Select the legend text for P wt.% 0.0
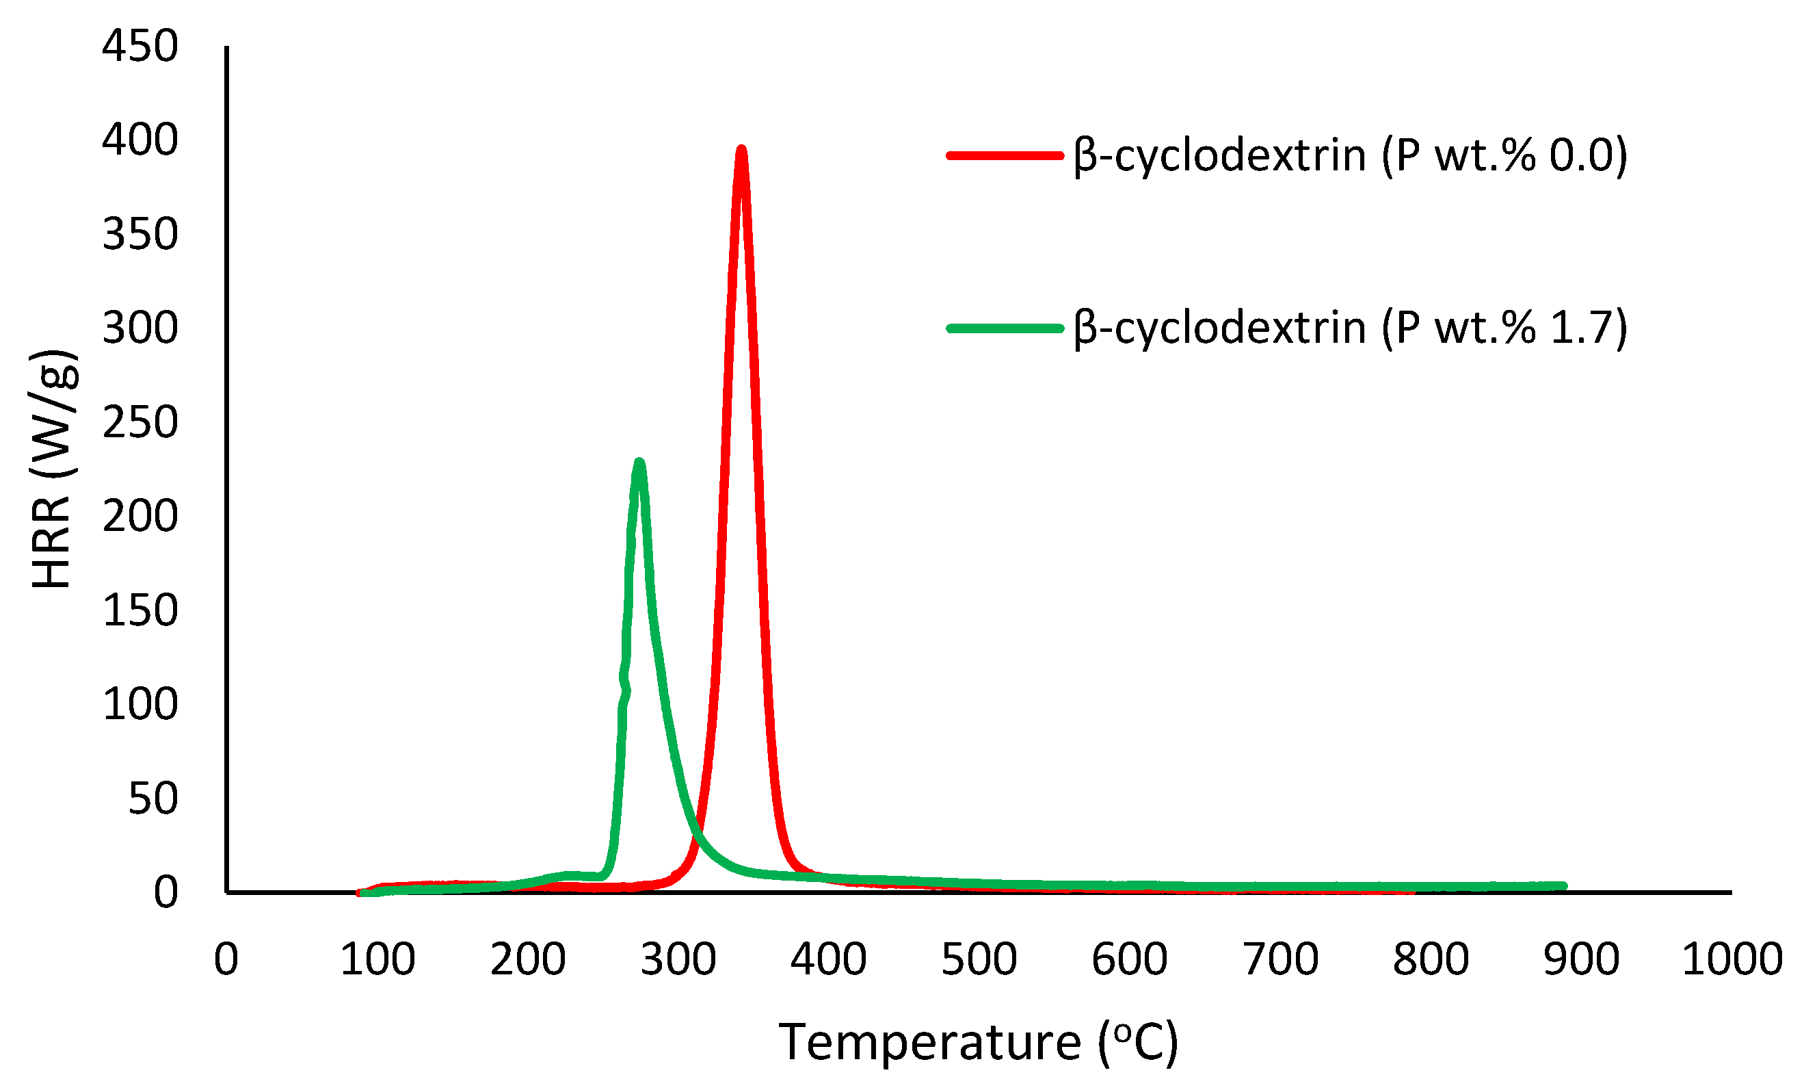pos(1350,155)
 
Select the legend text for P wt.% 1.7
pos(1350,328)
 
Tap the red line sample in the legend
pos(1005,155)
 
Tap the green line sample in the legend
pos(1005,328)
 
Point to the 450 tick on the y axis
pos(140,46)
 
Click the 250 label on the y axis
pos(140,422)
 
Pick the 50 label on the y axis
pos(153,798)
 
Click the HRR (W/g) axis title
pos(53,469)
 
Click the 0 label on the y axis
pos(165,892)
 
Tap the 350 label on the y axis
pos(140,235)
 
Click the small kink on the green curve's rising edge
pos(624,685)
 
